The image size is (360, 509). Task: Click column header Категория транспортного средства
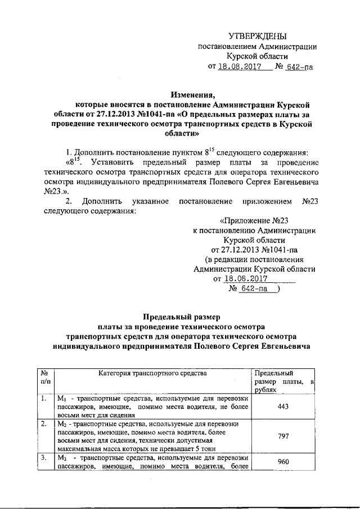pyautogui.click(x=152, y=372)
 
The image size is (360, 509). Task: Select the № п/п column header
pyautogui.click(x=45, y=376)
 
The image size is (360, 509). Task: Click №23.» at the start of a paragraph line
pyautogui.click(x=55, y=191)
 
